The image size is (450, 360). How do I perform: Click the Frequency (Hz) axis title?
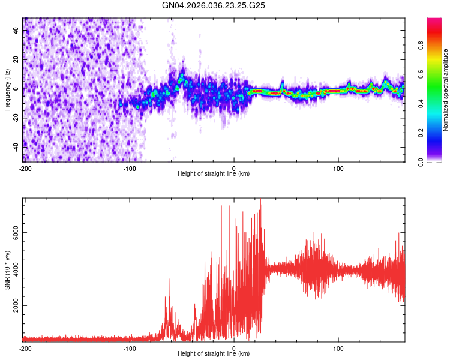[7, 89]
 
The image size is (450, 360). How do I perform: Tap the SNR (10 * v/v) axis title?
[7, 270]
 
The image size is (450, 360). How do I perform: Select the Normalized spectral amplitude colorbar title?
[445, 90]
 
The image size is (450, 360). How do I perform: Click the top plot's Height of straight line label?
[214, 173]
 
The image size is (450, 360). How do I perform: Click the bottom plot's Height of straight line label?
[214, 354]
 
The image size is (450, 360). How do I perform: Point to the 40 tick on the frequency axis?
[16, 31]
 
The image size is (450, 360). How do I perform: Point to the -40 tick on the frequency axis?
[15, 146]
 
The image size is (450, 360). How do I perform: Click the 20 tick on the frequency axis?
[16, 60]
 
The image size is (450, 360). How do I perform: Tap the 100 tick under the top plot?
[338, 167]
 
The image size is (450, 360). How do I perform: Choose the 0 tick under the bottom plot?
[234, 348]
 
